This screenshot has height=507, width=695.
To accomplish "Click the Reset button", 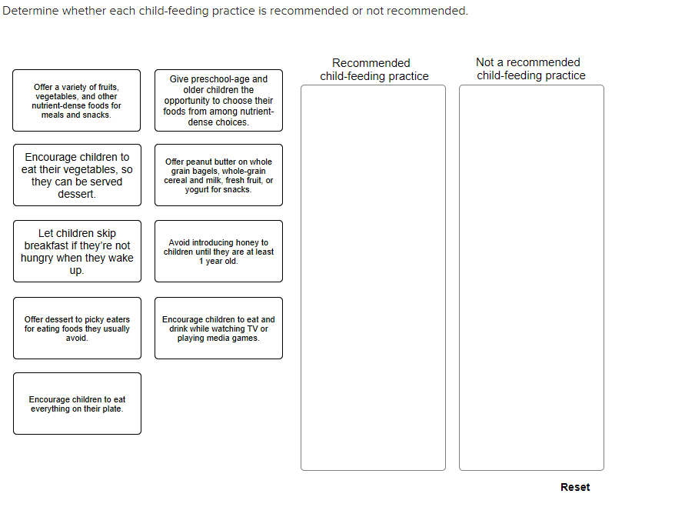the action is tap(575, 487).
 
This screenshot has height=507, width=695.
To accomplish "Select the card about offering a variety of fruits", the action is tap(77, 100).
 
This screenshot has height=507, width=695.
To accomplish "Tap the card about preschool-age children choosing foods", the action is tap(218, 100).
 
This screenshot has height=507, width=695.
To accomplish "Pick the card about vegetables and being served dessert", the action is tap(77, 175).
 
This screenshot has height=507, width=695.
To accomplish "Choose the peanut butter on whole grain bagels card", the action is tap(218, 175).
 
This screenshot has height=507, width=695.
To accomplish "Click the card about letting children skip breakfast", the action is tap(77, 251).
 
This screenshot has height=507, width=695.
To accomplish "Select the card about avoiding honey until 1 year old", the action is tap(218, 251).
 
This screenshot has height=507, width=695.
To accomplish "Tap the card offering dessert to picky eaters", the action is tap(77, 329).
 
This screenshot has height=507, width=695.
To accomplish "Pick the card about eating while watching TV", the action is tap(218, 329).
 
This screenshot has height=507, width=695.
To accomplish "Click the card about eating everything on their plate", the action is tap(77, 404).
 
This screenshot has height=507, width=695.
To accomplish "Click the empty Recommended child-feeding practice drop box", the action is tap(373, 278).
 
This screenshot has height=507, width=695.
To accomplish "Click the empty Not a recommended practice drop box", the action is tap(531, 278).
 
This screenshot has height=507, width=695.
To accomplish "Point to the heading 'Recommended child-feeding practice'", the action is tap(374, 70).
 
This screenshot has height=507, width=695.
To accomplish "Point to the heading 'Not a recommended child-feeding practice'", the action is tap(531, 68).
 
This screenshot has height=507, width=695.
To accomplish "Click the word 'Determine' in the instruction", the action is tap(30, 11).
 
